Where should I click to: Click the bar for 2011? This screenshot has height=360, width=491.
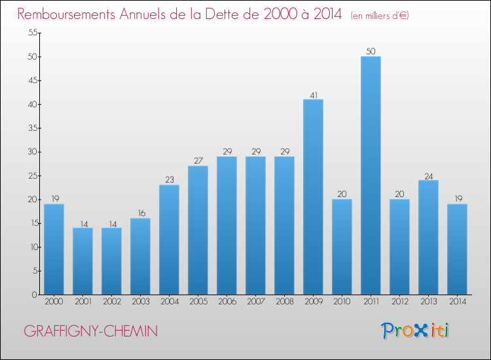click(371, 175)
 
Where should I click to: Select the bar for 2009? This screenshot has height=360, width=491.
click(313, 197)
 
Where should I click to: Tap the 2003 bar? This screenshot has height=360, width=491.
click(140, 257)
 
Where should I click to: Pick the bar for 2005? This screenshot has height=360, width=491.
click(198, 230)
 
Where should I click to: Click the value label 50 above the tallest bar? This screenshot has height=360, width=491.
click(371, 51)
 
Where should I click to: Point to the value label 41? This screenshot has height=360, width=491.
click(314, 95)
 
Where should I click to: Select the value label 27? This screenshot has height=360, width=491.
click(198, 160)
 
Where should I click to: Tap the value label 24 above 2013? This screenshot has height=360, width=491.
click(429, 176)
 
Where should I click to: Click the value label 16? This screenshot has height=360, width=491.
click(141, 213)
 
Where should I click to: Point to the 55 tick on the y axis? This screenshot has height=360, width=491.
click(33, 33)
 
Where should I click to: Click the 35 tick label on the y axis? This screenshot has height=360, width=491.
click(33, 128)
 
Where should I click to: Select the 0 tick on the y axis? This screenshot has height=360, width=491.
click(35, 295)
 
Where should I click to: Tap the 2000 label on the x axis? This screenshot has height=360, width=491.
click(54, 302)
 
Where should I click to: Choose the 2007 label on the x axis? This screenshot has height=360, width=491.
click(256, 302)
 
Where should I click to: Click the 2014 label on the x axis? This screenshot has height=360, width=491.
click(458, 302)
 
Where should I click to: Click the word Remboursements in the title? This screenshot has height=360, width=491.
click(66, 14)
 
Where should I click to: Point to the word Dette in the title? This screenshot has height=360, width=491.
click(223, 14)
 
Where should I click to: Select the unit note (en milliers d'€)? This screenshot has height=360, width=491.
click(380, 16)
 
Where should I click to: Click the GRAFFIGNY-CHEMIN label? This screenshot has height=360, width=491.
click(91, 331)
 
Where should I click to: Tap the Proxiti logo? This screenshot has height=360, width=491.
click(415, 331)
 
